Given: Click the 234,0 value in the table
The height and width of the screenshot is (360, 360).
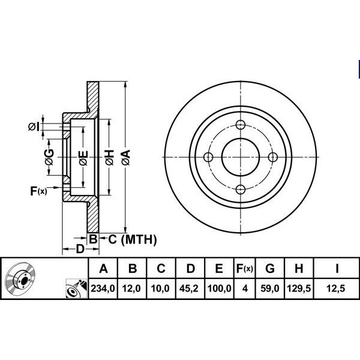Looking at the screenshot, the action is coord(103,288).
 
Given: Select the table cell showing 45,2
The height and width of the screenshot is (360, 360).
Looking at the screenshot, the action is coord(189,288).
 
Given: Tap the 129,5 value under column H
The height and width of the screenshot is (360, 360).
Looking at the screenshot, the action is coord(299,288).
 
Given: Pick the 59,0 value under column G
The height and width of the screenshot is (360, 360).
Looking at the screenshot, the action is coord(270,288).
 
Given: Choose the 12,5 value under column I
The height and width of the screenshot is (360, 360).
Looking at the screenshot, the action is coord(335,288).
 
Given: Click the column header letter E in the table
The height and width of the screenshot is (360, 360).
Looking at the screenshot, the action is coord(219,268).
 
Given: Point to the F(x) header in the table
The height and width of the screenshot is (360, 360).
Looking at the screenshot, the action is coord(245,268).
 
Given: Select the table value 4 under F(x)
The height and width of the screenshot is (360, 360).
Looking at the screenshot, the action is coord(245,288).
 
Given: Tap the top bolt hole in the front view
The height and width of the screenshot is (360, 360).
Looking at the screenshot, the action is coord(241,125).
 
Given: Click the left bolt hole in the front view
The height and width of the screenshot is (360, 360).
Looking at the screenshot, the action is coord(208,157).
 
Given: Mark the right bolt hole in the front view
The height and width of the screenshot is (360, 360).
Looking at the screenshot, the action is coord(273,157).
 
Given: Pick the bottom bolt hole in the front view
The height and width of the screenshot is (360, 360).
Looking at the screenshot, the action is coord(241,190).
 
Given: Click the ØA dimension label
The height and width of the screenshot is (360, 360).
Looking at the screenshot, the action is coord(126,157).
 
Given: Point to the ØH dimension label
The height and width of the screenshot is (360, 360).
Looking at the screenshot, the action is coord(110,157).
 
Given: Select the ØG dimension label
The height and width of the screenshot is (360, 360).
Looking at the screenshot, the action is coord(49,157).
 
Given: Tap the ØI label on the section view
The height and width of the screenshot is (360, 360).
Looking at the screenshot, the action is coord(34,127).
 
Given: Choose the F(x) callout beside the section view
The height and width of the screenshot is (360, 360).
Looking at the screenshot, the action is coord(38,191).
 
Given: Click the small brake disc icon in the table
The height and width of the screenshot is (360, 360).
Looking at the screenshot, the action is coord(20,278).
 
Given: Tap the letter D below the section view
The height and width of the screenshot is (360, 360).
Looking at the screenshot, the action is coord(80,249).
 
